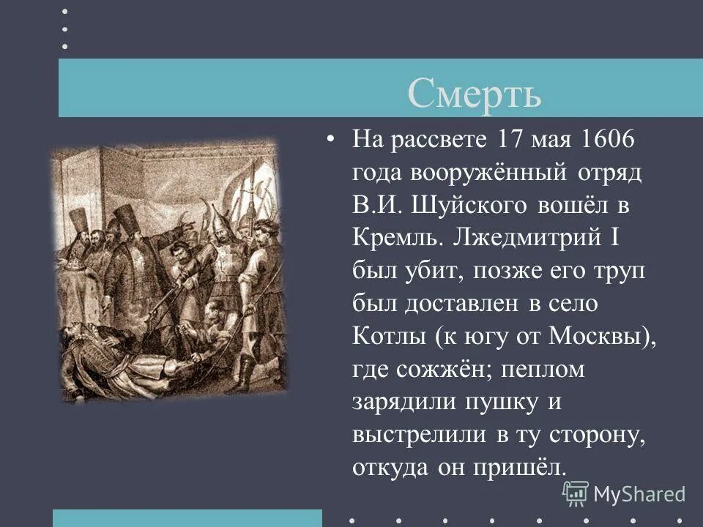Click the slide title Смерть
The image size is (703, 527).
[x=474, y=94]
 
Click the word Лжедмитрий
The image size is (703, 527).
[x=537, y=239]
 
